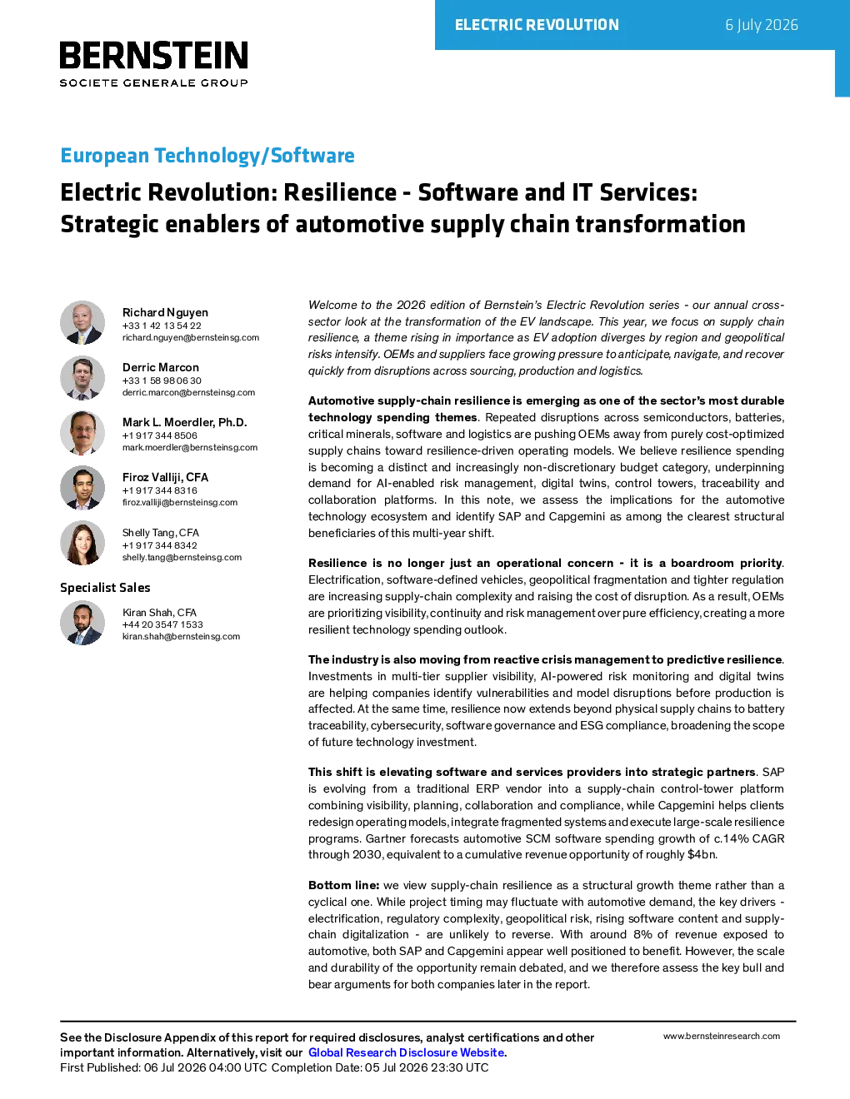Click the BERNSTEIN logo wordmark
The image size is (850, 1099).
(153, 55)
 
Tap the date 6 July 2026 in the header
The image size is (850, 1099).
(762, 25)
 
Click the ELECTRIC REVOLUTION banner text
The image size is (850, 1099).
(537, 25)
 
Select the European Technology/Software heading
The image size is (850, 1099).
(207, 155)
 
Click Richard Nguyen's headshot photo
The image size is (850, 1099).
(82, 323)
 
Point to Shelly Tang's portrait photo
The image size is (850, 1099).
(82, 543)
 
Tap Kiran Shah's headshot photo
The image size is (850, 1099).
(82, 623)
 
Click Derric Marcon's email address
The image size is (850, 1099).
(188, 392)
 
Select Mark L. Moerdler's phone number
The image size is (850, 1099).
(159, 435)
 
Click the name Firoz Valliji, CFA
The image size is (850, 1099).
(165, 477)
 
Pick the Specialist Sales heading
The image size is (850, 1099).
(105, 588)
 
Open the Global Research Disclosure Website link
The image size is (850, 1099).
(407, 1052)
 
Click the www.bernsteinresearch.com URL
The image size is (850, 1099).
(722, 1037)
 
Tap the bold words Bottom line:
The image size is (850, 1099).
(343, 885)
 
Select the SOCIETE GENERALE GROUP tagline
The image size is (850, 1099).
(153, 83)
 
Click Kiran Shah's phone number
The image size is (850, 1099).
(162, 624)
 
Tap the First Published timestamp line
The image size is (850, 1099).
(274, 1067)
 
